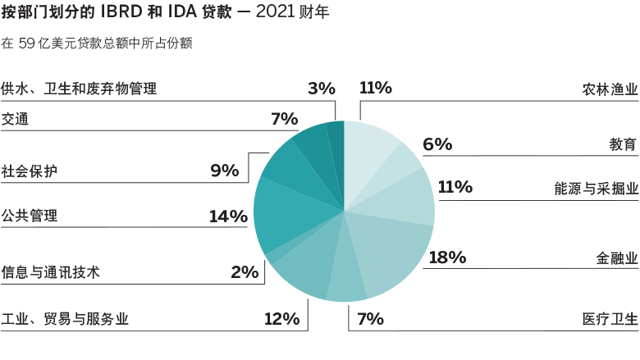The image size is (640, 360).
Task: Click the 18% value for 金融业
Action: pyautogui.click(x=447, y=257)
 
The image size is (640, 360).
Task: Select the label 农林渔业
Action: pyautogui.click(x=608, y=89)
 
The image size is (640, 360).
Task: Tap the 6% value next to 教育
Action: pyautogui.click(x=437, y=144)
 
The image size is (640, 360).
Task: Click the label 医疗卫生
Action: pyautogui.click(x=608, y=319)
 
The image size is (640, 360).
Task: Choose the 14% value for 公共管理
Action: pyautogui.click(x=228, y=216)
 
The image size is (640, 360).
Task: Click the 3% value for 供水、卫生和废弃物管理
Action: pyautogui.click(x=322, y=88)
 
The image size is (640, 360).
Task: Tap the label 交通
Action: pyautogui.click(x=16, y=119)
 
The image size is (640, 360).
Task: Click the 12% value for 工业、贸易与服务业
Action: pyautogui.click(x=281, y=319)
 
